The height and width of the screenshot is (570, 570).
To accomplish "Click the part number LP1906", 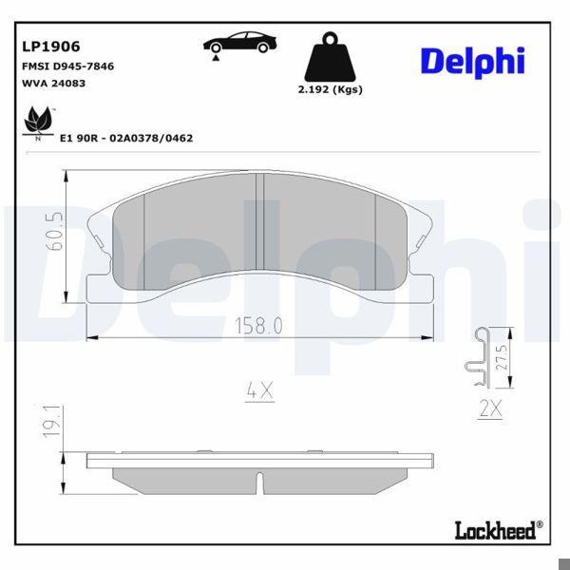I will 50,45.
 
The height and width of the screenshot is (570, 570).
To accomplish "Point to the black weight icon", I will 330,60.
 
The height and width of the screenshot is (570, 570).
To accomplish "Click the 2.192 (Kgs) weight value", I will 330,90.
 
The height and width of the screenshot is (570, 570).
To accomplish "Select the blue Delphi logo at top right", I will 472,60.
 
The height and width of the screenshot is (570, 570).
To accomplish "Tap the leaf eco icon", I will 37,123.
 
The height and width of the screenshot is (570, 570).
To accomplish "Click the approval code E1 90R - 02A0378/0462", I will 126,138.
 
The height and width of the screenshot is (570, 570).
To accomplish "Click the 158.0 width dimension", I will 258,325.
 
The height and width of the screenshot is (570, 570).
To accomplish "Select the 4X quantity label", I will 258,389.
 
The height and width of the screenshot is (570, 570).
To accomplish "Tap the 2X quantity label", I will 489,409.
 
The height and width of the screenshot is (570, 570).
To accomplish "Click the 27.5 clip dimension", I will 503,359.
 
